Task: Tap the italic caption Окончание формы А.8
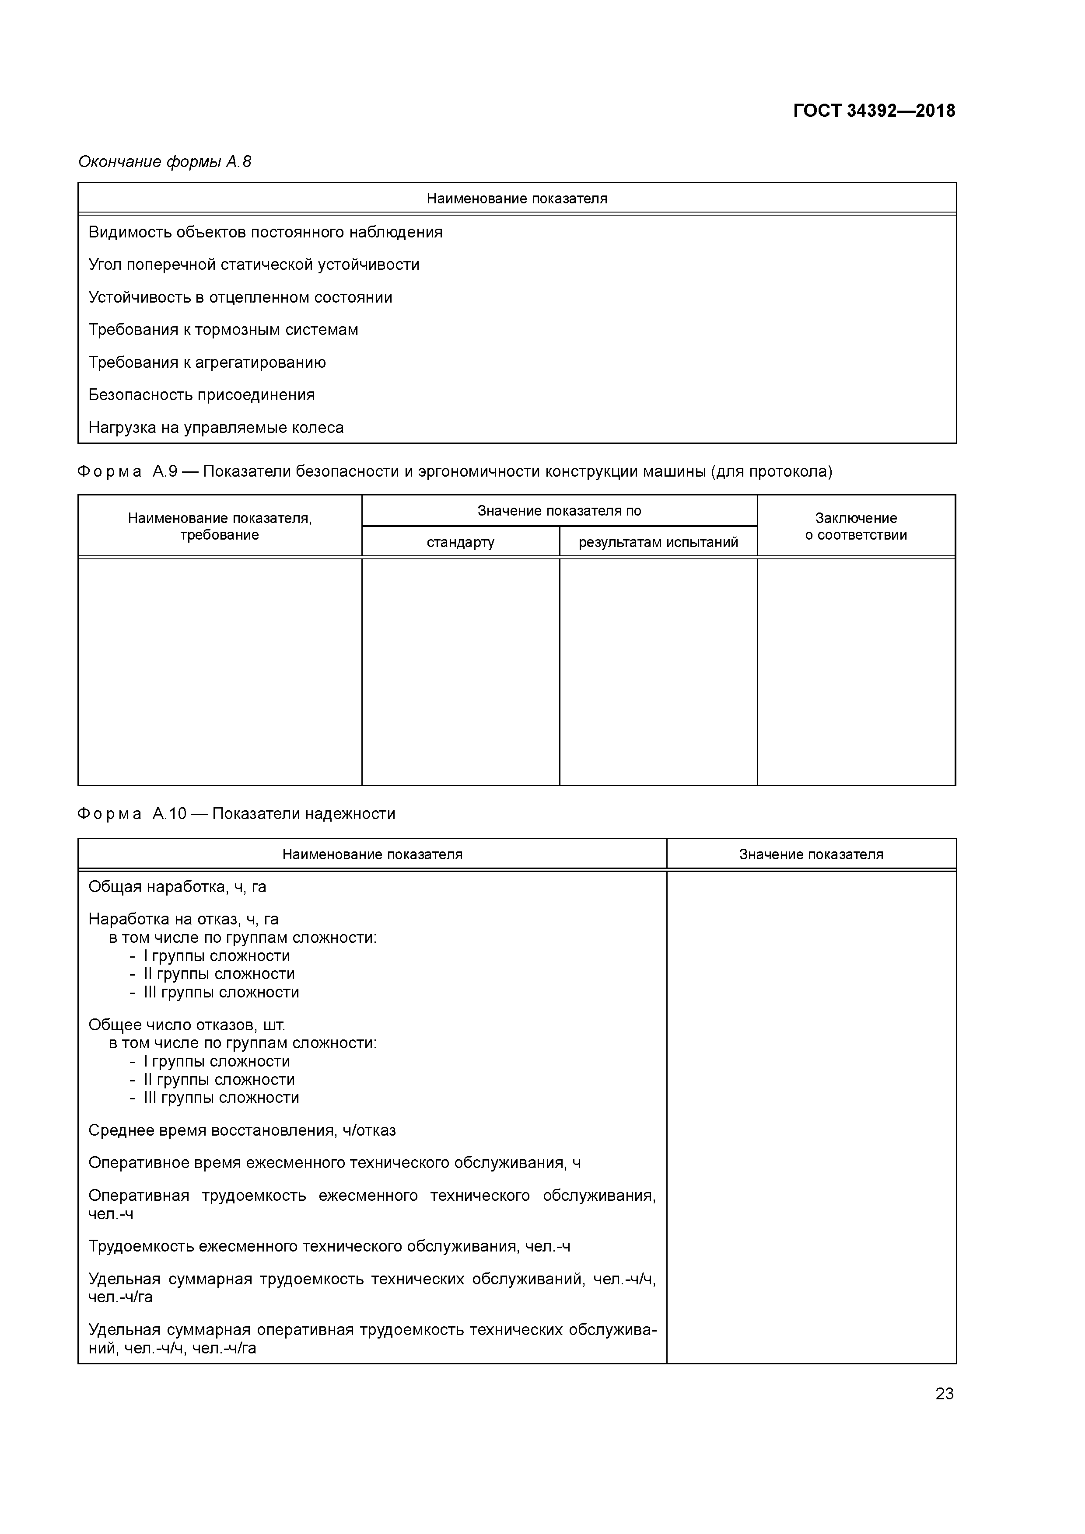164,162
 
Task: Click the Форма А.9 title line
455,472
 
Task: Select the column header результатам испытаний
658,542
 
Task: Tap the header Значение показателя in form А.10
811,854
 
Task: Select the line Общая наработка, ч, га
177,886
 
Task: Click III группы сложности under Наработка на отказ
220,992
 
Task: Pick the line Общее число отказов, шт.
186,1025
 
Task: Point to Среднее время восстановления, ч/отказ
242,1130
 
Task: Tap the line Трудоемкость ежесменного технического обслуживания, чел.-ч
329,1247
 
